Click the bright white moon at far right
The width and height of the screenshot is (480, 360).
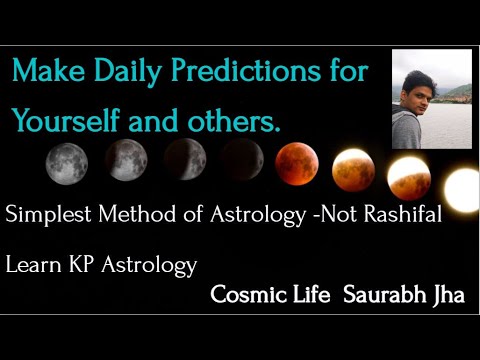(x=462, y=189)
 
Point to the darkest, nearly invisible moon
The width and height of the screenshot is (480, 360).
(x=242, y=160)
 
